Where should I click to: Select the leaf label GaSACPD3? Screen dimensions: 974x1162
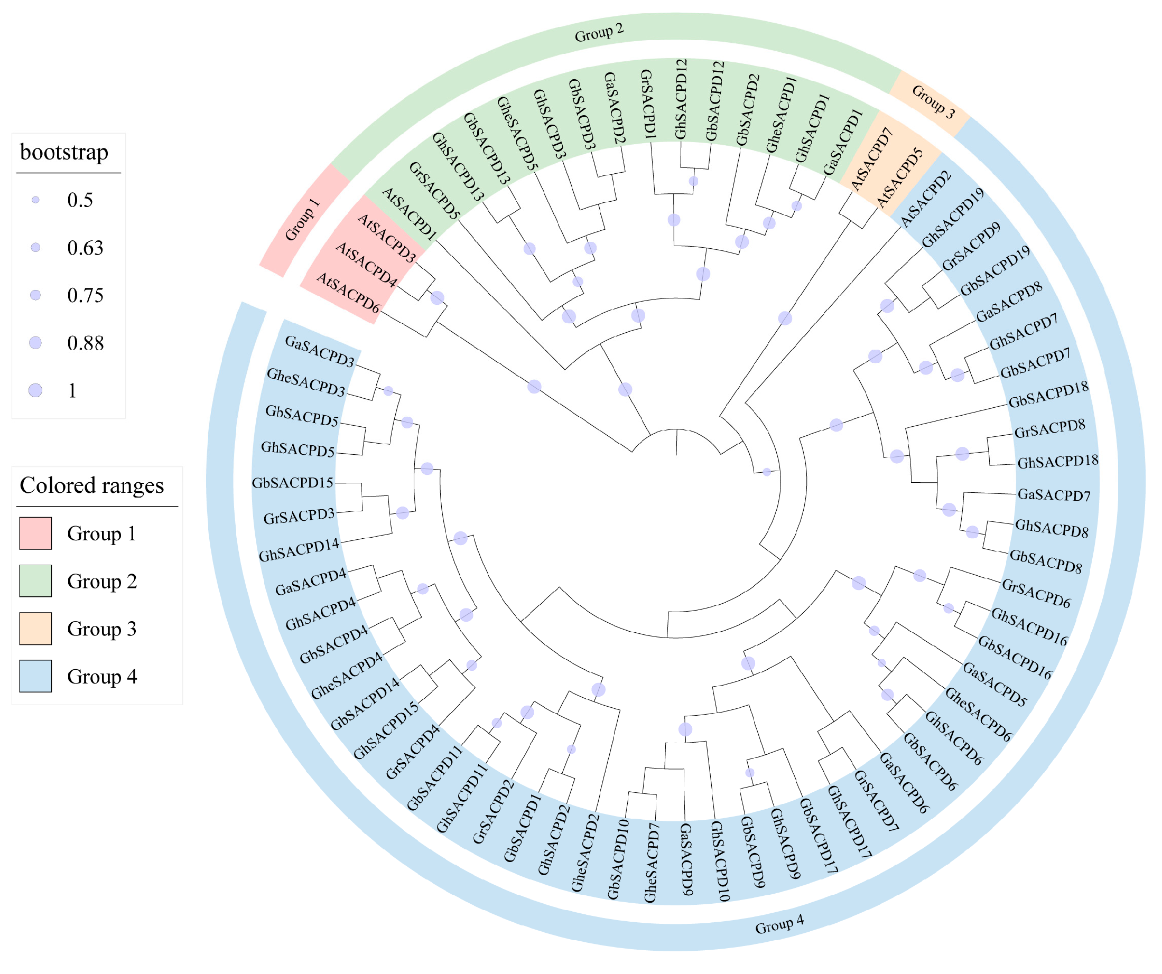319,351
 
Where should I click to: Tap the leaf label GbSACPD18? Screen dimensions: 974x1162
1048,395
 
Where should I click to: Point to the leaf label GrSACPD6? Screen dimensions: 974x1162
1036,594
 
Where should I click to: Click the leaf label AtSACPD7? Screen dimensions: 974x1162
872,157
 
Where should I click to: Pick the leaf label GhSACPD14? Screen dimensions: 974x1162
300,550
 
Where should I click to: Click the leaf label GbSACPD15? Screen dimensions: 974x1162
293,483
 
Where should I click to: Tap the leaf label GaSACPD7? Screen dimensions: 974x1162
1054,495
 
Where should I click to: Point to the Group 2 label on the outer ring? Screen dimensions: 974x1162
599,33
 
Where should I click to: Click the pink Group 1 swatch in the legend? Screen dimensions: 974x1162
35,533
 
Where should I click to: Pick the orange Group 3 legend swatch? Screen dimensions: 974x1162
35,629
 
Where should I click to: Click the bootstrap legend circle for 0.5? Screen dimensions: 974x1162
35,200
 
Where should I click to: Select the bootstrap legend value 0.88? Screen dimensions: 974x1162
85,343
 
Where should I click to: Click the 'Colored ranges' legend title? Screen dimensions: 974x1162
92,485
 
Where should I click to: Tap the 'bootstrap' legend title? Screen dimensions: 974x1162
64,152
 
